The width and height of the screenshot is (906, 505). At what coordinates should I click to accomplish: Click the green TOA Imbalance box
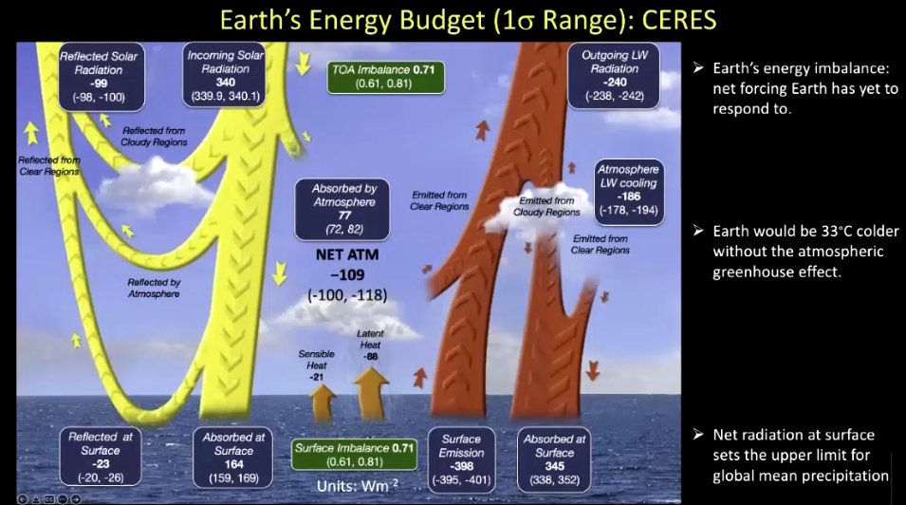pyautogui.click(x=385, y=77)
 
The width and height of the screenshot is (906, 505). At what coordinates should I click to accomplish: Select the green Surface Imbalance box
pyautogui.click(x=354, y=455)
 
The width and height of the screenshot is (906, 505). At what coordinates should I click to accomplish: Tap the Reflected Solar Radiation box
pyautogui.click(x=101, y=76)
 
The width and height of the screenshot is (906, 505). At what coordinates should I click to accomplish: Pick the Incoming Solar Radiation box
pyautogui.click(x=224, y=75)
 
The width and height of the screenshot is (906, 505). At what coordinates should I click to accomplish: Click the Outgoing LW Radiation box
pyautogui.click(x=614, y=75)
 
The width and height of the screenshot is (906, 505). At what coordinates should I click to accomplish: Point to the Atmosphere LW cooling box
pyautogui.click(x=629, y=190)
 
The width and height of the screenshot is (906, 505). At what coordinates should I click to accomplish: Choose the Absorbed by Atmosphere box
pyautogui.click(x=342, y=210)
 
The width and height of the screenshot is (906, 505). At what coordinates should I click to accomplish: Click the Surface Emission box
pyautogui.click(x=461, y=459)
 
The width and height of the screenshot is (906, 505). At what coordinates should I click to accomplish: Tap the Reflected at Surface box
pyautogui.click(x=101, y=457)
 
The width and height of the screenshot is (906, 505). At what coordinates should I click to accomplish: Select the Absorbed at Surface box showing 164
pyautogui.click(x=232, y=457)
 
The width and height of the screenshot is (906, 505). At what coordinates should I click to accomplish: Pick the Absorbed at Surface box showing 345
pyautogui.click(x=554, y=459)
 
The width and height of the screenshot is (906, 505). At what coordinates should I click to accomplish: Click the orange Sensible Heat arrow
pyautogui.click(x=324, y=402)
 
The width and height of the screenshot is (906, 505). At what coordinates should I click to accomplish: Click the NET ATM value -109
pyautogui.click(x=347, y=274)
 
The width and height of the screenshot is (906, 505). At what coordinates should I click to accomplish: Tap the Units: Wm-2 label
pyautogui.click(x=358, y=485)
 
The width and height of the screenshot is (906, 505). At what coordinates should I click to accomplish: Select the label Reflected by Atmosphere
pyautogui.click(x=154, y=288)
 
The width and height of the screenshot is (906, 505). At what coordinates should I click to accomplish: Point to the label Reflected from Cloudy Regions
pyautogui.click(x=154, y=137)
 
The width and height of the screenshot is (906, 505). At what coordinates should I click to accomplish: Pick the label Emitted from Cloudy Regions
pyautogui.click(x=546, y=207)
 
